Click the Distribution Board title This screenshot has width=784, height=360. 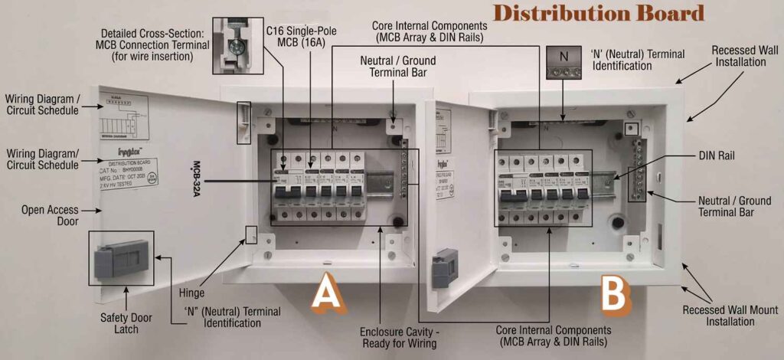[x=598, y=13]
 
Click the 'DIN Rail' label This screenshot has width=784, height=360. [x=716, y=155]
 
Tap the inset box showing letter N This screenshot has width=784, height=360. [x=565, y=62]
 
